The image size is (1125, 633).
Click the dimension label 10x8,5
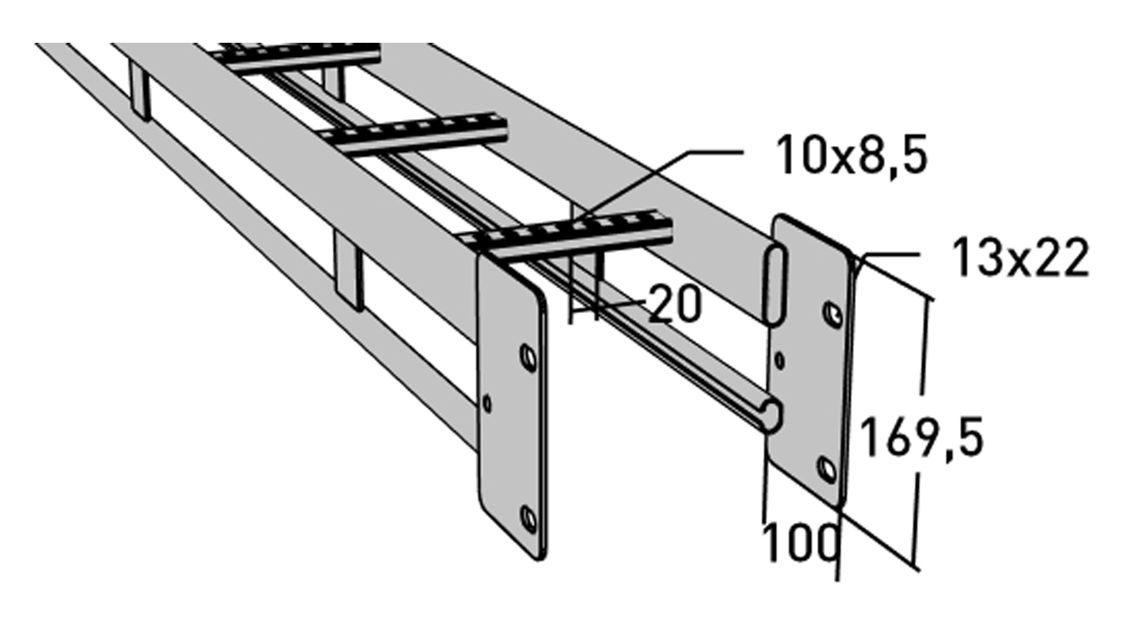851,155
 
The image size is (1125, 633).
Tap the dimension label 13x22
1020,258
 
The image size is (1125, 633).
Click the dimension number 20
675,304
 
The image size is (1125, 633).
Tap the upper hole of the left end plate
528,358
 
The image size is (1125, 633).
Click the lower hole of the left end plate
529,519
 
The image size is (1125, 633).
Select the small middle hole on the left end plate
486,403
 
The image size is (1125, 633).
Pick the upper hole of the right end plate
832,314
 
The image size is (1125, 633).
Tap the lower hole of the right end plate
827,469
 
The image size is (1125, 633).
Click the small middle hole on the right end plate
779,360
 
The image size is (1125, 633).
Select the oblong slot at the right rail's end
775,285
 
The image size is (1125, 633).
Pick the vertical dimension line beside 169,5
921,434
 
